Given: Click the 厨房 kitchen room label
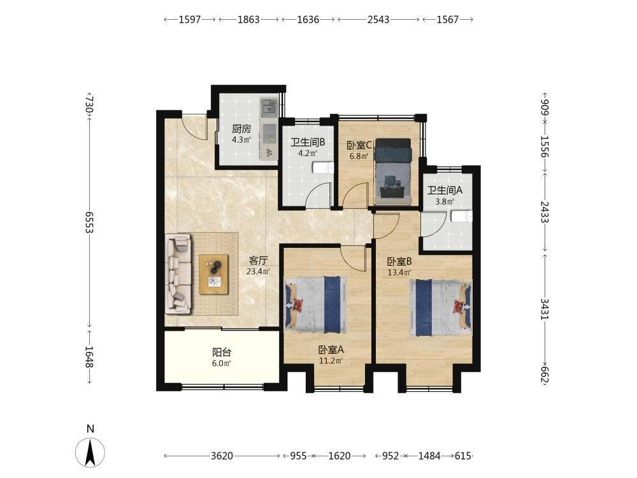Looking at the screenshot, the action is (241, 129).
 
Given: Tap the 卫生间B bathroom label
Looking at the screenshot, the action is (308, 143).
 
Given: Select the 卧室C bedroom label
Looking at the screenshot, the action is (359, 145).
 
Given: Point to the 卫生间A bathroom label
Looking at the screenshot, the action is (445, 190).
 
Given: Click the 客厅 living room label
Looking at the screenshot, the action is (258, 260).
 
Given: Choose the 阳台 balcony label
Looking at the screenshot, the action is (222, 352).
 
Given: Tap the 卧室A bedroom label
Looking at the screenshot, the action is (331, 349).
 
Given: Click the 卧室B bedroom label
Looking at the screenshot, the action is (399, 261).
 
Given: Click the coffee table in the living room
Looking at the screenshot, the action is (213, 274).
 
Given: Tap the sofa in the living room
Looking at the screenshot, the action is (178, 273).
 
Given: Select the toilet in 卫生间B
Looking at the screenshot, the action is (324, 168).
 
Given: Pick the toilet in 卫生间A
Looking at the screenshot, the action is (462, 216).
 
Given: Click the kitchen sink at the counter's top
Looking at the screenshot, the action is (268, 107).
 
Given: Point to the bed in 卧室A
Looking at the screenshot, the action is (316, 305).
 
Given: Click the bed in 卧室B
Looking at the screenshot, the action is (441, 307).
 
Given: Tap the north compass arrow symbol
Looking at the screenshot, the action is (90, 452).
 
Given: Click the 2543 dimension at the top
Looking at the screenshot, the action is (378, 20).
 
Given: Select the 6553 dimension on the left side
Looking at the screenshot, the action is (89, 222).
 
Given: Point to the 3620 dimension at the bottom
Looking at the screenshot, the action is (222, 456).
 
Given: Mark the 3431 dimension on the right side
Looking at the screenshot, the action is (545, 309).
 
